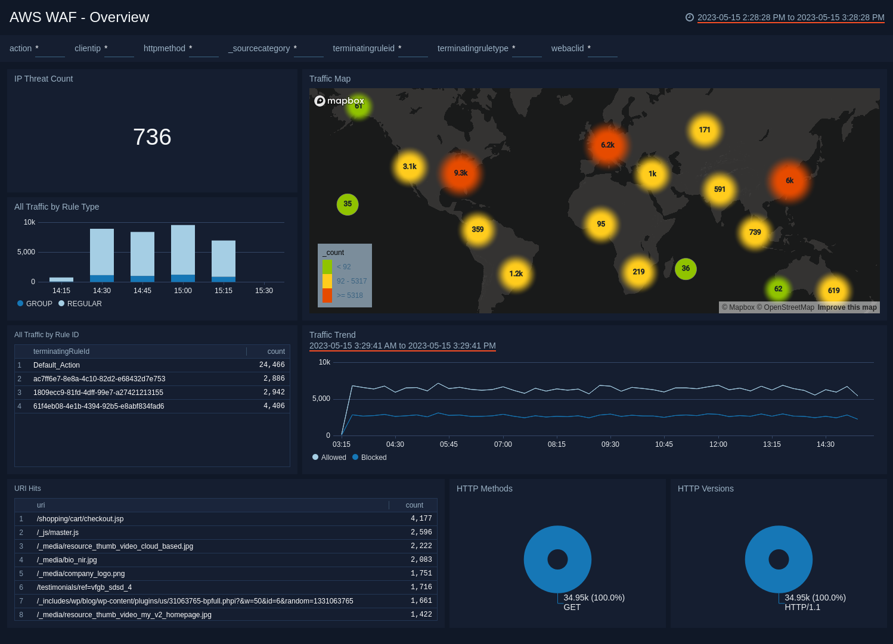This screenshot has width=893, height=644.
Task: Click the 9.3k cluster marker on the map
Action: tap(460, 173)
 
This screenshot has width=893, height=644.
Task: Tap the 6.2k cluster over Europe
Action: tap(607, 145)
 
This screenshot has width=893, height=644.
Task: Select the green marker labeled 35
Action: tap(348, 204)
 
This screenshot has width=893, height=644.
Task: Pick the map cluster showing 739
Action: tap(755, 232)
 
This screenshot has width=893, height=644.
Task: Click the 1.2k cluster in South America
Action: tap(516, 274)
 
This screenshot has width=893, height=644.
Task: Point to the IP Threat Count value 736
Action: tap(152, 138)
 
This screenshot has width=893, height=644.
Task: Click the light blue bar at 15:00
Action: tap(183, 250)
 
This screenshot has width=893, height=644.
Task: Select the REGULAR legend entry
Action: tap(84, 304)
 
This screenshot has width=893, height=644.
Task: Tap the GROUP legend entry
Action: tap(39, 304)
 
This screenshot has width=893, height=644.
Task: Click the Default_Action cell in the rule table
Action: tap(57, 365)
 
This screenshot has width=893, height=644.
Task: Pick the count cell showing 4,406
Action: tap(274, 406)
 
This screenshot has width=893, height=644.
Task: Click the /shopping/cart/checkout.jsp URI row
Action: tap(80, 519)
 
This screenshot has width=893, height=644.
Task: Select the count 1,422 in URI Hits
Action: tap(421, 615)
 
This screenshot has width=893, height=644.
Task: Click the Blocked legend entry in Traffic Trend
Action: tap(373, 458)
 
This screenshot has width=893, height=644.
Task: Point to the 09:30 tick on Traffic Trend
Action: tap(610, 444)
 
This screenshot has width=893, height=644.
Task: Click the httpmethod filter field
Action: tap(203, 49)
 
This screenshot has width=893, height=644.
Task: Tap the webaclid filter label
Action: tap(567, 48)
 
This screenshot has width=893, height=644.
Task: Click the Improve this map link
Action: tap(847, 307)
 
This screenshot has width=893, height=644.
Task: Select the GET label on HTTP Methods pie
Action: tap(572, 608)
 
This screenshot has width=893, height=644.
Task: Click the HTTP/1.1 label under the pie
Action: tap(802, 608)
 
